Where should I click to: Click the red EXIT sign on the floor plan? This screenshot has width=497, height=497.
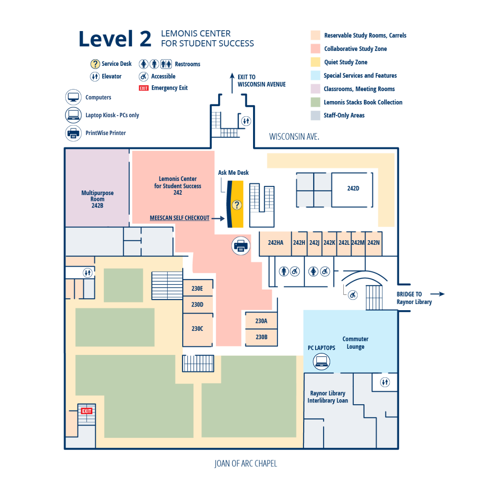point(87,411)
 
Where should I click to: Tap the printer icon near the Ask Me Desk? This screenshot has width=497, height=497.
point(241,246)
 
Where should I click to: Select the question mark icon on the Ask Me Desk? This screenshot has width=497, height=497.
point(236,205)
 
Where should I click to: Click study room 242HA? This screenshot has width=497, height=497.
point(275,243)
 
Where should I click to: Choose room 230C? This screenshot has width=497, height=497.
point(198,329)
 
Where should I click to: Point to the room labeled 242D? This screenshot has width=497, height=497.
point(353,188)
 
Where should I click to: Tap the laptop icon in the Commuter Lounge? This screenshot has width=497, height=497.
point(321,362)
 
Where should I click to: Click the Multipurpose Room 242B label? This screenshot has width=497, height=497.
point(97,199)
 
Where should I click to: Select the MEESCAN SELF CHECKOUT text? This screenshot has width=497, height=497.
point(179,218)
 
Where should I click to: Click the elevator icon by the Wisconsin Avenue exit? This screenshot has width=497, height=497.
point(246,121)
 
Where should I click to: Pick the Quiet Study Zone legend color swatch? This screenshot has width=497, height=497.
point(316,62)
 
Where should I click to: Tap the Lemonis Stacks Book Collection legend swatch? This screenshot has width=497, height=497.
point(316,102)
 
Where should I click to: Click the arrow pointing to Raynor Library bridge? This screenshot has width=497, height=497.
point(437,294)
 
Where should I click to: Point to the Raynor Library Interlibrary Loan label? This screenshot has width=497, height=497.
point(328,397)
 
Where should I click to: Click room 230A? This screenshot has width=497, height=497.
point(261,321)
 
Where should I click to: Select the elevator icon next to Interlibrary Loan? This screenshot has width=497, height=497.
point(385,382)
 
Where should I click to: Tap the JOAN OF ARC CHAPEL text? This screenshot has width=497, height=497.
point(246,463)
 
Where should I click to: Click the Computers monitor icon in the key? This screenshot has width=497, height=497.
point(73,97)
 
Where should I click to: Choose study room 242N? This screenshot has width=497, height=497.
point(374,243)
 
